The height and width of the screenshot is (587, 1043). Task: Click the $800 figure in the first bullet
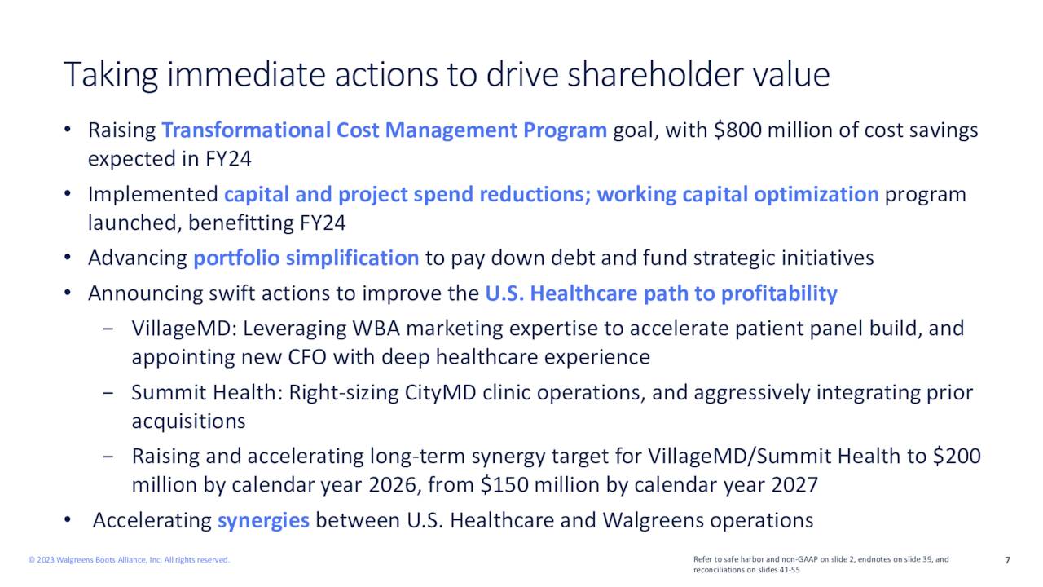pos(737,130)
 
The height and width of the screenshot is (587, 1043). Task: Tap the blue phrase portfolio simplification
pos(306,258)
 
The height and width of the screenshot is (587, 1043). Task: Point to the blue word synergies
pos(263,521)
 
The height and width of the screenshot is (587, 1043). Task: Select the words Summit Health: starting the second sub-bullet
pos(207,393)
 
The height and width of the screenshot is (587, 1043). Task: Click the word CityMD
pos(441,394)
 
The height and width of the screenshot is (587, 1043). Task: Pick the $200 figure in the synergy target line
pos(957,456)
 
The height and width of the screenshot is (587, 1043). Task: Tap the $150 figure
pos(504,485)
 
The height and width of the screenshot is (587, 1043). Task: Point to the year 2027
pos(794,485)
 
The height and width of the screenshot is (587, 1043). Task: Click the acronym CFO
pos(307,357)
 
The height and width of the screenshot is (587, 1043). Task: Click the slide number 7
pos(1008,560)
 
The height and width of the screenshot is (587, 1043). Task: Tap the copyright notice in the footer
pos(129,560)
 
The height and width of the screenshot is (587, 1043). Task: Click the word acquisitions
pos(188,421)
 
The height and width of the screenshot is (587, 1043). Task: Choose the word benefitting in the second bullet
pos(240,223)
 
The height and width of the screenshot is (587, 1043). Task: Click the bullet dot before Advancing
pos(68,257)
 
